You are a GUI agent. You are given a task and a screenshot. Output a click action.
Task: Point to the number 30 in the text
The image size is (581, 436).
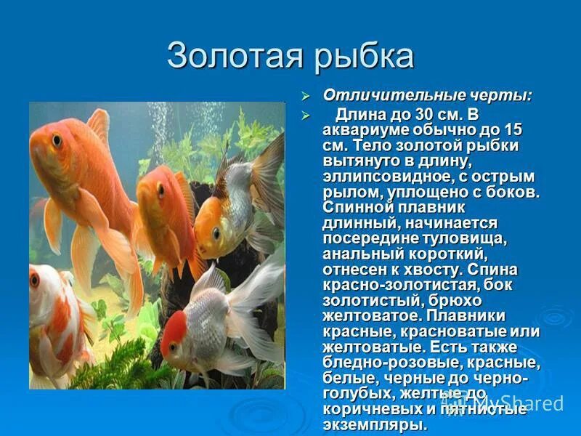coord(425,116)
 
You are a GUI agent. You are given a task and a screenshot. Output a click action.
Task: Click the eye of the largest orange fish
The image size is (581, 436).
coord(57,138)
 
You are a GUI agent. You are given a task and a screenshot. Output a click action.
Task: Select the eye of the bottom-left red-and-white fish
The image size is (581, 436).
coord(34,280)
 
